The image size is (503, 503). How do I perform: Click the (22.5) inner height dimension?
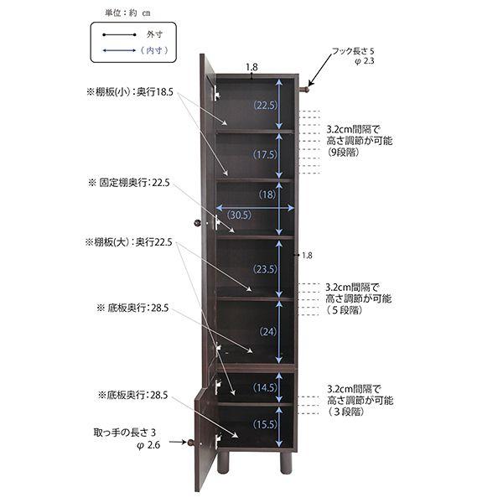click(x=265, y=106)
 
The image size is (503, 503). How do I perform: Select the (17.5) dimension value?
click(x=265, y=154)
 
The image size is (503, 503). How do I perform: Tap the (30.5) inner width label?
click(x=239, y=215)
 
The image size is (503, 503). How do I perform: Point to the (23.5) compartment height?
click(x=265, y=269)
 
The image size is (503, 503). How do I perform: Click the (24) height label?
click(x=268, y=331)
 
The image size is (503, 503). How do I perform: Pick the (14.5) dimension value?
click(x=265, y=387)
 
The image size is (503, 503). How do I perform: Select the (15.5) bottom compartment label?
click(x=265, y=424)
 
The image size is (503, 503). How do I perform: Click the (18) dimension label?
click(x=267, y=194)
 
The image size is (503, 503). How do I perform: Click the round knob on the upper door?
click(x=198, y=223)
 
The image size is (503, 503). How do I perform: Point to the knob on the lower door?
click(x=191, y=443)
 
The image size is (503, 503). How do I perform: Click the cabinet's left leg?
click(x=223, y=462)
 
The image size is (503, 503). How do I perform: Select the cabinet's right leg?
click(x=286, y=462)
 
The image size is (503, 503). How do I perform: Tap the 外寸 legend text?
click(x=154, y=34)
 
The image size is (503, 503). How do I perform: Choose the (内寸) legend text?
click(x=154, y=50)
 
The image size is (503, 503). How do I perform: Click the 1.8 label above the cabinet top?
click(x=251, y=67)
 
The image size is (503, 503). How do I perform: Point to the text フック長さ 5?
click(x=353, y=51)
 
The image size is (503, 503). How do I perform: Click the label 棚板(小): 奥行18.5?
click(x=130, y=92)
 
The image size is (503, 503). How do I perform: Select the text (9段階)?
click(x=343, y=152)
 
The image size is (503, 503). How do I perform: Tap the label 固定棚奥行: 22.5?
click(x=129, y=183)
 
